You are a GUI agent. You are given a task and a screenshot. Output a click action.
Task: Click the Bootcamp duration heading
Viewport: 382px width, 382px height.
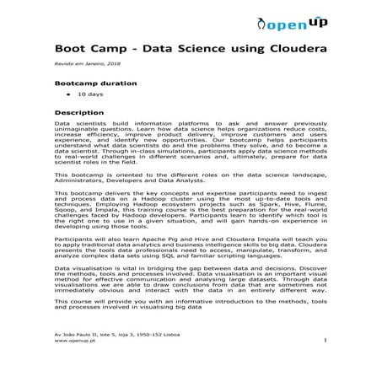point(94,84)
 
